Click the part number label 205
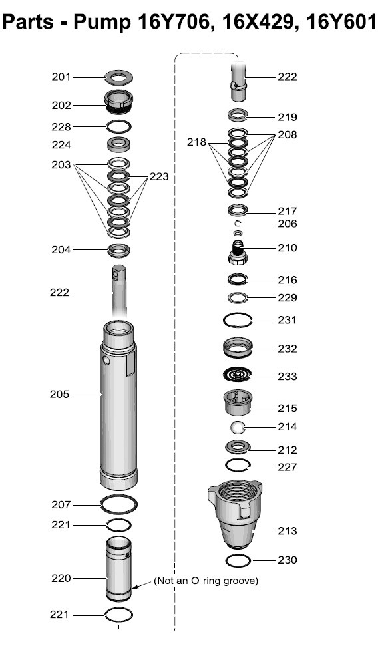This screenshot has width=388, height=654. point(59,394)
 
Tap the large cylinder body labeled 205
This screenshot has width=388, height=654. point(119,405)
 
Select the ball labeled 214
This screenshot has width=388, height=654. point(238,428)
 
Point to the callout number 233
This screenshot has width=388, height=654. point(288,376)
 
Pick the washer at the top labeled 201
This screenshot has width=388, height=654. point(119,77)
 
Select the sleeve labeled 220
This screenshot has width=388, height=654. point(119,570)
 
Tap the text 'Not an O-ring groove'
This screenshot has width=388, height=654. point(206,581)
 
